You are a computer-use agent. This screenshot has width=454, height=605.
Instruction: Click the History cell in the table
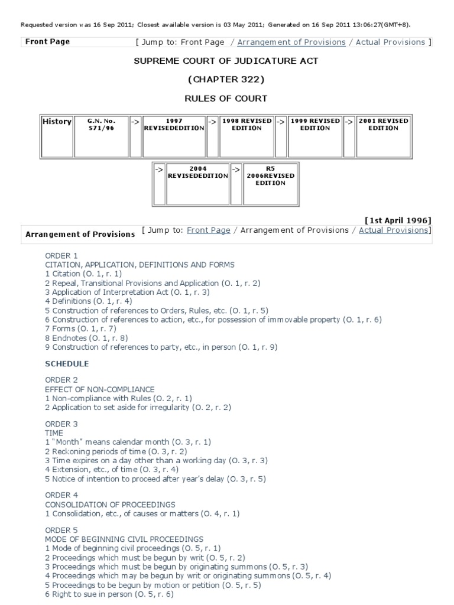(x=57, y=122)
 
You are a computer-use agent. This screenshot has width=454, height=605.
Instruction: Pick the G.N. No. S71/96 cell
(x=100, y=125)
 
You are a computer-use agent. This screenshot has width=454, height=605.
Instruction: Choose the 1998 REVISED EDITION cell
(x=247, y=125)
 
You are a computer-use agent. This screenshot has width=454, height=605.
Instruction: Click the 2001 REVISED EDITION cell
(x=383, y=125)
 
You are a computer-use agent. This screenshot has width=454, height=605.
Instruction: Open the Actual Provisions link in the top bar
(x=390, y=42)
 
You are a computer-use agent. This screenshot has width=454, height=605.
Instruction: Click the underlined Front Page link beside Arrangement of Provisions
(x=208, y=230)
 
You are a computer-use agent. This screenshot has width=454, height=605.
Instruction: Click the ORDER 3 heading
(x=61, y=424)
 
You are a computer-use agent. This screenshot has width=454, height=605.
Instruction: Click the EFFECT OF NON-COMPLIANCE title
(x=100, y=389)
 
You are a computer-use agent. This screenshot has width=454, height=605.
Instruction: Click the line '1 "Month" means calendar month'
(x=128, y=442)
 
